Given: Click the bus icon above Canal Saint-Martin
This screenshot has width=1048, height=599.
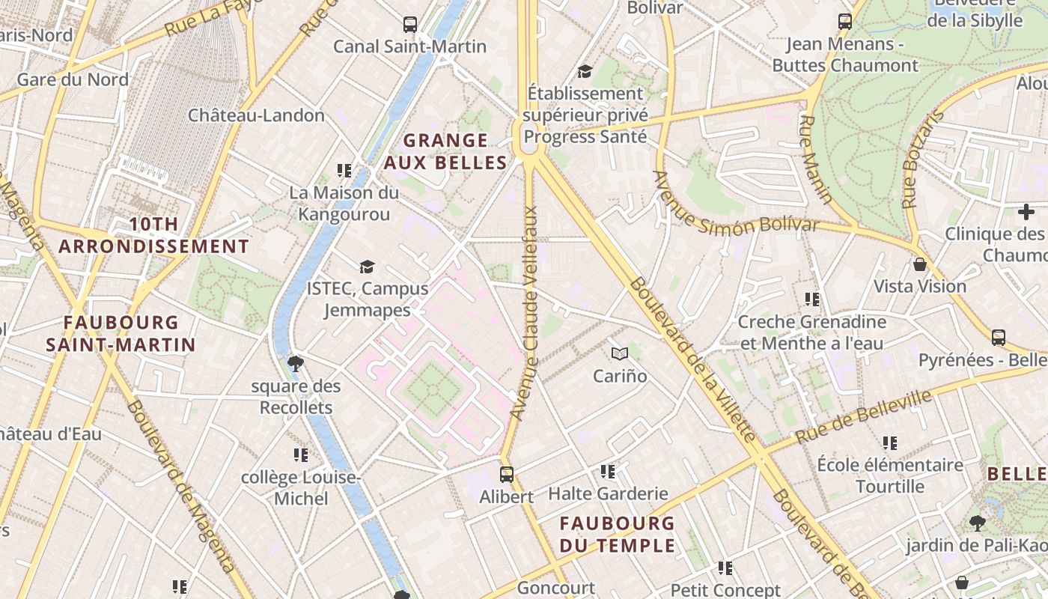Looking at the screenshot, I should [x=409, y=24].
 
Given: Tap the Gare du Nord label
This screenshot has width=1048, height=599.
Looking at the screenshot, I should [x=73, y=79].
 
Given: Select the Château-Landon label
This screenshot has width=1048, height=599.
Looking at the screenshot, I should [x=256, y=115].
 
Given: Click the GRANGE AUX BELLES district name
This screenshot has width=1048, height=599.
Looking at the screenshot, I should [x=445, y=151].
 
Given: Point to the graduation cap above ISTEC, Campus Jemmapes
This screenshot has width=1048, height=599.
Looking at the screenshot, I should [x=367, y=267].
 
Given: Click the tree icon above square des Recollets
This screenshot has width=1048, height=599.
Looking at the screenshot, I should [x=296, y=364].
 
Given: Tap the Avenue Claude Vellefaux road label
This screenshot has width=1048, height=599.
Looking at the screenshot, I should [x=525, y=312].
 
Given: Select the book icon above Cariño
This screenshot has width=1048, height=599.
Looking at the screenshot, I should [x=620, y=353].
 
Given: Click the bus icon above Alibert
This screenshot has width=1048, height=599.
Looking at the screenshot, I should [x=507, y=474].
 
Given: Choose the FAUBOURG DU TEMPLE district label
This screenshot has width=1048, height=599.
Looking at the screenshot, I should [x=618, y=534].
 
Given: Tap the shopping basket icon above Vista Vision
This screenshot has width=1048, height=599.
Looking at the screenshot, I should [x=920, y=264].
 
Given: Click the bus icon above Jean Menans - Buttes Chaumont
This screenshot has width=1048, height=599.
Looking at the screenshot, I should [x=845, y=22].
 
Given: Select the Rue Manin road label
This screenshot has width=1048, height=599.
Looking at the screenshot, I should [x=816, y=159].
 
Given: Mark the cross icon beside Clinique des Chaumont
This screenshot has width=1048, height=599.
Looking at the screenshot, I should [x=1026, y=212].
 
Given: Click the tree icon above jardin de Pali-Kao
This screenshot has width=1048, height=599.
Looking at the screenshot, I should [x=977, y=523].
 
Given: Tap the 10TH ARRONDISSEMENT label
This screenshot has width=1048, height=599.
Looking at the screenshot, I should [x=153, y=235].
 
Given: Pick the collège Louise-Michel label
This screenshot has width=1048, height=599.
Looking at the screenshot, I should [x=301, y=487].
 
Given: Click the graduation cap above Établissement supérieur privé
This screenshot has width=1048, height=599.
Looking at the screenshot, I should [x=585, y=71].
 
